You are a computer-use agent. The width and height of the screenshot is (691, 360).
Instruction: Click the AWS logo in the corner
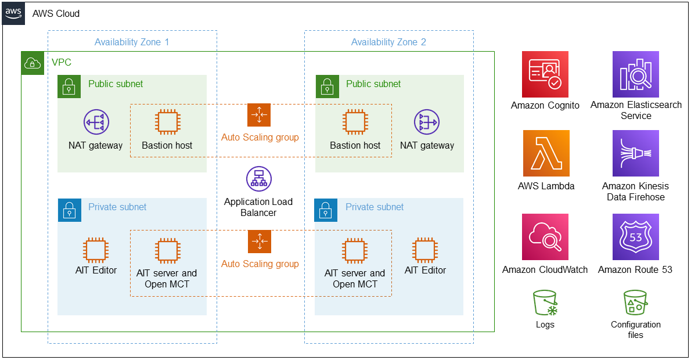click(14, 14)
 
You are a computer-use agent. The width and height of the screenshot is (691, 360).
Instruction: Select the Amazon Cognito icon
click(545, 74)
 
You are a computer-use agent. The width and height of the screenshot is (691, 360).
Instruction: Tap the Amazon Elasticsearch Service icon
click(635, 74)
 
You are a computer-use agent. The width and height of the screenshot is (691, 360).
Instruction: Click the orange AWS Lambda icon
click(546, 153)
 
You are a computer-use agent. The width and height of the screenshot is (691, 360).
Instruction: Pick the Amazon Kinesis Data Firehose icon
click(635, 153)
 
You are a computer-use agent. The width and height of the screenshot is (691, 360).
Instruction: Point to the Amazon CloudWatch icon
click(545, 237)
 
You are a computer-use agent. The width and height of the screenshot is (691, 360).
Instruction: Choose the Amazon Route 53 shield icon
click(635, 237)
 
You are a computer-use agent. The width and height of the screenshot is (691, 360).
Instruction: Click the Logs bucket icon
click(545, 303)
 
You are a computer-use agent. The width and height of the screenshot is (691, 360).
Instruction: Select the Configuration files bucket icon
click(635, 303)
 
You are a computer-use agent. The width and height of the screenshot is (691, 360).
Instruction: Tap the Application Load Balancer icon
click(258, 179)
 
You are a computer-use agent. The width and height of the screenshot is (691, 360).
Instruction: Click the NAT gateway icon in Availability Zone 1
click(96, 122)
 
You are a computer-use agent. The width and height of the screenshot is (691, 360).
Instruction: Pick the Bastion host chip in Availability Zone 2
click(355, 122)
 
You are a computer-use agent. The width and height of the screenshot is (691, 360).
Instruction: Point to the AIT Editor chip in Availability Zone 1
click(96, 250)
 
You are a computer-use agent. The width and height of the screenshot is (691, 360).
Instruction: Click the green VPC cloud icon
click(33, 63)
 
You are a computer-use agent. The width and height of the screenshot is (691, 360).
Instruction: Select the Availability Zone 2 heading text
click(388, 42)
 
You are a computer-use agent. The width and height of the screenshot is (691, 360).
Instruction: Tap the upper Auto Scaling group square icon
click(259, 115)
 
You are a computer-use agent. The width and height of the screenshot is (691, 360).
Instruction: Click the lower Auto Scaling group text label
click(260, 264)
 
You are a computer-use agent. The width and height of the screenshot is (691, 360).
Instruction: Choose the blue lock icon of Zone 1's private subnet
click(70, 210)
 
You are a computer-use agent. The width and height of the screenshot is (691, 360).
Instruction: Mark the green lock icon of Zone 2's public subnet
click(327, 87)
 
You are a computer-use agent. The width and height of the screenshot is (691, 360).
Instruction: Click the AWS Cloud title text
click(56, 14)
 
